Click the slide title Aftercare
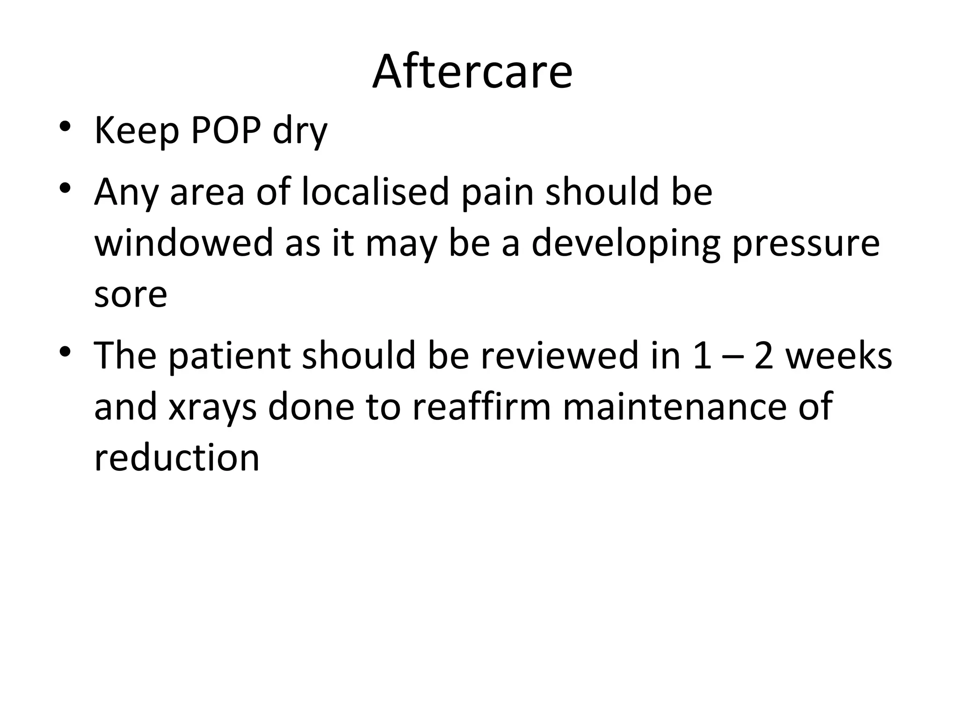[x=472, y=72]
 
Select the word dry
[x=300, y=132]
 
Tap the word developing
[x=626, y=244]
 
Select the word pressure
[x=806, y=244]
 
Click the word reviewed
[x=559, y=355]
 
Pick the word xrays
[x=212, y=407]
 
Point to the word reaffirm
[x=482, y=406]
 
